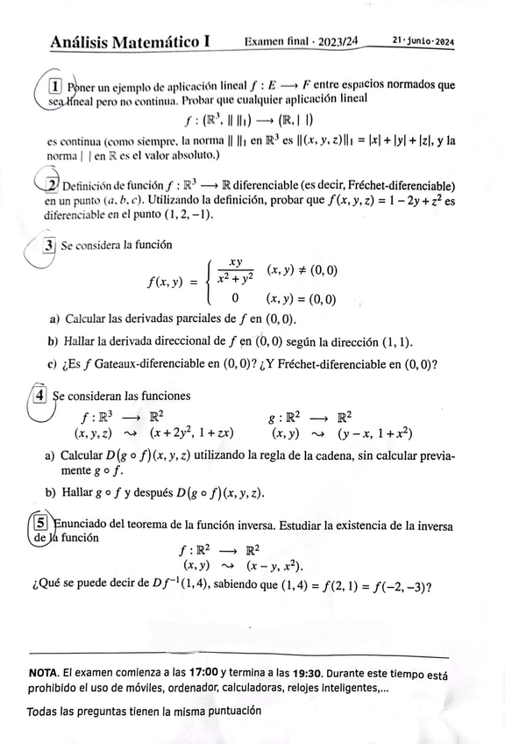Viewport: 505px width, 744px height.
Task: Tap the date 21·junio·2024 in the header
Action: pyautogui.click(x=423, y=40)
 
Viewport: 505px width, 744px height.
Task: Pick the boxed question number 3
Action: pyautogui.click(x=50, y=246)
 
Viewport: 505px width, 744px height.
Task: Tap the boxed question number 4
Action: pyautogui.click(x=39, y=397)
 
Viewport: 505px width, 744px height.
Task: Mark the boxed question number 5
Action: pyautogui.click(x=40, y=524)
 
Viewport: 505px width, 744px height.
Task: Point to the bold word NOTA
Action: pyautogui.click(x=44, y=673)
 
